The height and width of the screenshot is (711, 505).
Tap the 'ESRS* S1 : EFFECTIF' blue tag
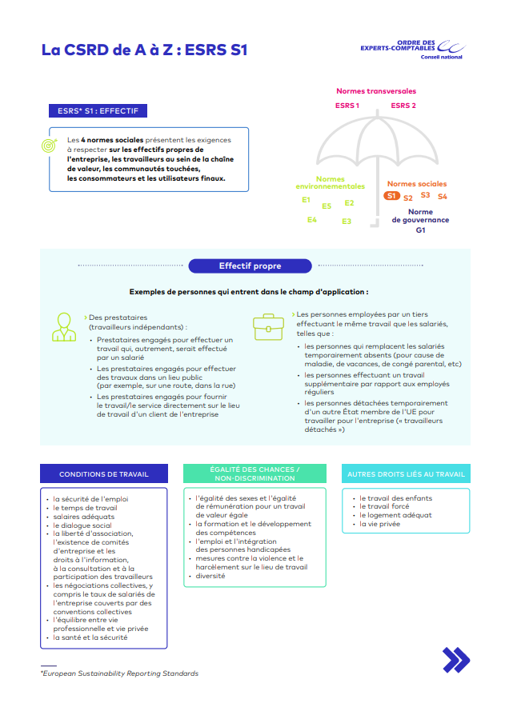[98, 112]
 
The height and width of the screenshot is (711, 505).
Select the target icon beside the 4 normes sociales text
[50, 146]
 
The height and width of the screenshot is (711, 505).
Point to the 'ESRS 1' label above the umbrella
[347, 106]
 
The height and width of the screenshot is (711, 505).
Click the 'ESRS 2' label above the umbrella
[403, 106]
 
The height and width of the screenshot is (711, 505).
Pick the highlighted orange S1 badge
[391, 196]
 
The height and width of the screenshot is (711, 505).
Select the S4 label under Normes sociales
[443, 197]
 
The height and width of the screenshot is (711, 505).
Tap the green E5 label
[327, 206]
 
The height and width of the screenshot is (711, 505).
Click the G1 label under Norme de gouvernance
[420, 230]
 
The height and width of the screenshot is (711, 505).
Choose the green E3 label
[347, 221]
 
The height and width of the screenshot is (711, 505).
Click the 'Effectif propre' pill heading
[250, 266]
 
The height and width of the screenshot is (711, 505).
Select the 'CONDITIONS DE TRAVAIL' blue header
[104, 474]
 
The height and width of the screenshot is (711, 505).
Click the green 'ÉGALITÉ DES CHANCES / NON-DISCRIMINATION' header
[255, 473]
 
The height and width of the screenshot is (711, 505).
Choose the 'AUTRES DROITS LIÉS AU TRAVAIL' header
[406, 474]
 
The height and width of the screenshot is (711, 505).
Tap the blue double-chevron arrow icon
[456, 660]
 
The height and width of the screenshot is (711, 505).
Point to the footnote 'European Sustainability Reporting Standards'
[120, 673]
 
